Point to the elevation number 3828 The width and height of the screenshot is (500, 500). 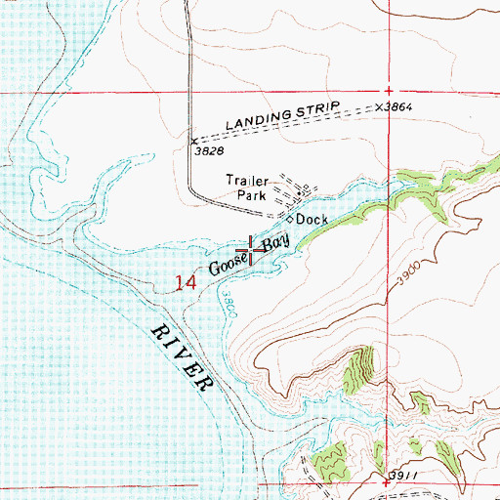coord(209,152)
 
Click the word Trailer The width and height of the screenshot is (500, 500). coord(246,180)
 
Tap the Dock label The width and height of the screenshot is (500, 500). coord(312,220)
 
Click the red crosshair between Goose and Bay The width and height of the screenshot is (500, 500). coord(255,250)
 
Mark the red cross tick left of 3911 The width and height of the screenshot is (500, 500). coord(388,482)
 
